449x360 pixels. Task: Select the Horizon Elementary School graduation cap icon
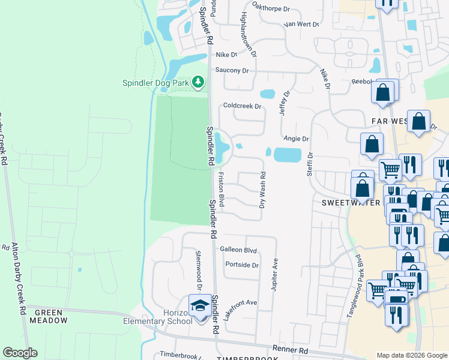tap(199, 306)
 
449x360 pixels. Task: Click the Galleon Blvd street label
tap(238, 250)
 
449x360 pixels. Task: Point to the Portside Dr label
tap(242, 265)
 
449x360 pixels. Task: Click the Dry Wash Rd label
tap(262, 190)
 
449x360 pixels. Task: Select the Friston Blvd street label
tap(221, 190)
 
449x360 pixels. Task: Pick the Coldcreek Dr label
tap(242, 106)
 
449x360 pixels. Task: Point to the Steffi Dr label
tap(310, 163)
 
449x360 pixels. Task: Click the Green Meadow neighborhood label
tap(50, 317)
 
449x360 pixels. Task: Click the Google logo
tap(20, 353)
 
